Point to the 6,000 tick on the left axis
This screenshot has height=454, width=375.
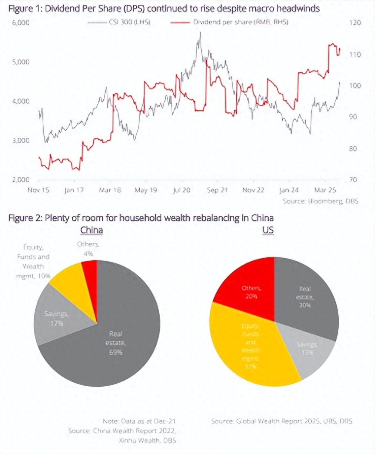pyautogui.click(x=21, y=23)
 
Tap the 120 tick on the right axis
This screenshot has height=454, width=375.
pyautogui.click(x=355, y=23)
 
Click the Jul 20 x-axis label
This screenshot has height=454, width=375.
pyautogui.click(x=182, y=190)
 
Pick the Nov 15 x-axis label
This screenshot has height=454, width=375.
pyautogui.click(x=39, y=190)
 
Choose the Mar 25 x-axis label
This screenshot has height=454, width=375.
pyautogui.click(x=325, y=190)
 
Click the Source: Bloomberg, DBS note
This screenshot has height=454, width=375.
pyautogui.click(x=321, y=201)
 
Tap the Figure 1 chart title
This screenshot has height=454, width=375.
pyautogui.click(x=164, y=8)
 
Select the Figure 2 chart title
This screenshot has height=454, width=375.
pyautogui.click(x=141, y=218)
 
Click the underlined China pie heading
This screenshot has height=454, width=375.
pyautogui.click(x=92, y=230)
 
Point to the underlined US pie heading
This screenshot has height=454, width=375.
pyautogui.click(x=268, y=230)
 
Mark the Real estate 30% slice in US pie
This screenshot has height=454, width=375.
pyautogui.click(x=306, y=296)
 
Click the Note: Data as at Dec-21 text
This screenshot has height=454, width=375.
pyautogui.click(x=139, y=421)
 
